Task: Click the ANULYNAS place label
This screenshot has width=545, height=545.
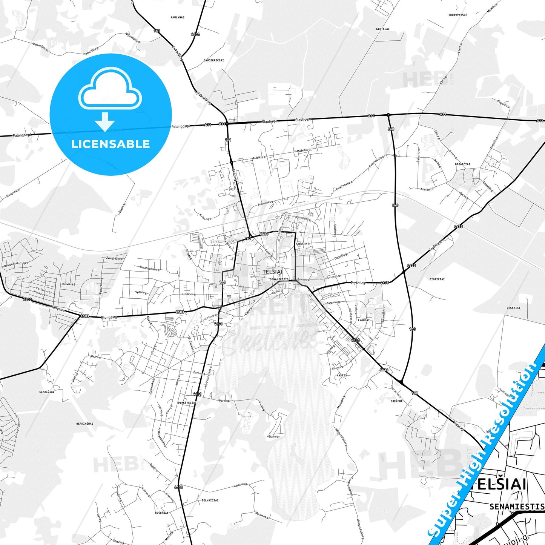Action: coord(177,17)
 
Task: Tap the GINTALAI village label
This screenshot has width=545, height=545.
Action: coord(382,29)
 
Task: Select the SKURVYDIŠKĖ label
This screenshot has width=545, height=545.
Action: coord(457,15)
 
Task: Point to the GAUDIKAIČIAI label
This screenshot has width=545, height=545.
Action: coord(213,60)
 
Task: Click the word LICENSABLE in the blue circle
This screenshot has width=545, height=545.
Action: coord(111,144)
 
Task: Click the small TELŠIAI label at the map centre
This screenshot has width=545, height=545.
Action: coord(272,272)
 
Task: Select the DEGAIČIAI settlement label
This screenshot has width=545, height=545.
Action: coord(462,164)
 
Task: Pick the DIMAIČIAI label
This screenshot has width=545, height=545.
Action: coord(437,279)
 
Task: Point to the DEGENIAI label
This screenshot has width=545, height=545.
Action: coord(513,308)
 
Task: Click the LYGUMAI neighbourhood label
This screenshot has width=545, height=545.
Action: coord(364,320)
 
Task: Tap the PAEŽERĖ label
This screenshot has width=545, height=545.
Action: coord(396,401)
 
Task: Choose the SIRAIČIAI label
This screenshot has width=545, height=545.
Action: coord(47,392)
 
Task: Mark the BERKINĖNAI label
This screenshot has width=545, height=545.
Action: coord(84,424)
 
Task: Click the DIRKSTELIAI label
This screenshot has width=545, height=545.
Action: coord(187,403)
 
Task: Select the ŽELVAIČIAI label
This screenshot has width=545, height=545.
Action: coord(210,500)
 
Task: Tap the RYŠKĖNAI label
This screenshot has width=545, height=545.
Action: coord(161,513)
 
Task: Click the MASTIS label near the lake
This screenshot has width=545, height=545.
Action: coord(341,376)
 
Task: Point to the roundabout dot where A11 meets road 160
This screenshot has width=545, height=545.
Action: coord(388,115)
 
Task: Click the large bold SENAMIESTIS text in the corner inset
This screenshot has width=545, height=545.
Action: coord(516,507)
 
